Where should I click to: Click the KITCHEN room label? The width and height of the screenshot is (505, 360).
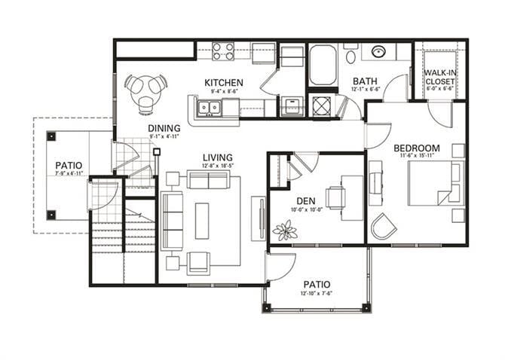coord(223,82)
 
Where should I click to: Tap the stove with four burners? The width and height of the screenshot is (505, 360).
coord(222,51)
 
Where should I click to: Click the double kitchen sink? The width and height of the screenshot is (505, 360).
coord(209,108)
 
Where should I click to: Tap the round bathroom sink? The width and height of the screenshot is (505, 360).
coord(379,52)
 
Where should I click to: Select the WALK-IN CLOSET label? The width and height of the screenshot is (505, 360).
coord(440,76)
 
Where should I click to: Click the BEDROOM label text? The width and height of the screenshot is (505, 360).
coord(416,148)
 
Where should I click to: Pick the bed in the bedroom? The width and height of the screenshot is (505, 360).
coord(433,182)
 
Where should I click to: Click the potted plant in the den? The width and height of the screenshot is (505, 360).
coord(286,230)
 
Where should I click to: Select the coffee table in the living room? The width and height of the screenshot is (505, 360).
coord(202,221)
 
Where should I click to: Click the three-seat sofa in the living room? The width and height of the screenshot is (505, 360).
coord(173,221)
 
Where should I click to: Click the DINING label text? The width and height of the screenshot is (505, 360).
coord(164,128)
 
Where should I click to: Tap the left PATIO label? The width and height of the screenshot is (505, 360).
coord(68,165)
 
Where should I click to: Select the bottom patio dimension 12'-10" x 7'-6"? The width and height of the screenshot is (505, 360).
coord(317,294)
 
